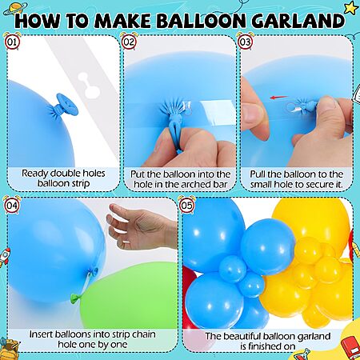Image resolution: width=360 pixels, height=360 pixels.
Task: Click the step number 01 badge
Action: (x=12, y=42)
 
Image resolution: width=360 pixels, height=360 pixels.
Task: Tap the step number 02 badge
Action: (x=129, y=42)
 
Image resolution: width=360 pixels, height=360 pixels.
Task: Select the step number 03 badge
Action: (x=245, y=42)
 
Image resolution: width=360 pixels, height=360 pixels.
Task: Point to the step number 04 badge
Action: (x=12, y=205)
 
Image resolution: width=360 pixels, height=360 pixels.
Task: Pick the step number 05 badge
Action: (x=186, y=205)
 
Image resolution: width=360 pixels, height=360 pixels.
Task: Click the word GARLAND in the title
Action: (x=298, y=21)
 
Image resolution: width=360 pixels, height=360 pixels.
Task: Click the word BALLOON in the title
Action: (x=201, y=21)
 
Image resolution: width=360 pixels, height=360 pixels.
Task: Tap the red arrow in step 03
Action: (x=278, y=98)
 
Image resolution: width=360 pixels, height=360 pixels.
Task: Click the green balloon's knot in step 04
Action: (x=74, y=298)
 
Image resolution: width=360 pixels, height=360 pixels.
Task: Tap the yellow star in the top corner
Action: (x=351, y=8)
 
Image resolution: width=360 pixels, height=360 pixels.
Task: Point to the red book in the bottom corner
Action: (x=351, y=346)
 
